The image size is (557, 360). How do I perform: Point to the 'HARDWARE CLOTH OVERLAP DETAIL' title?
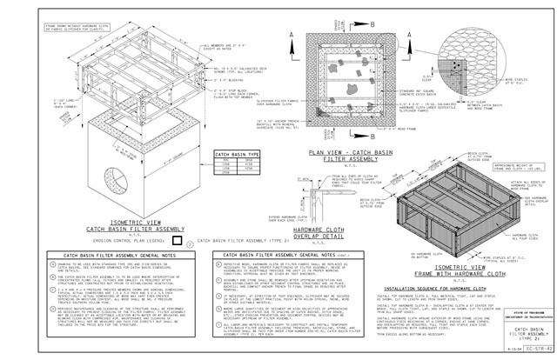[330, 209]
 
